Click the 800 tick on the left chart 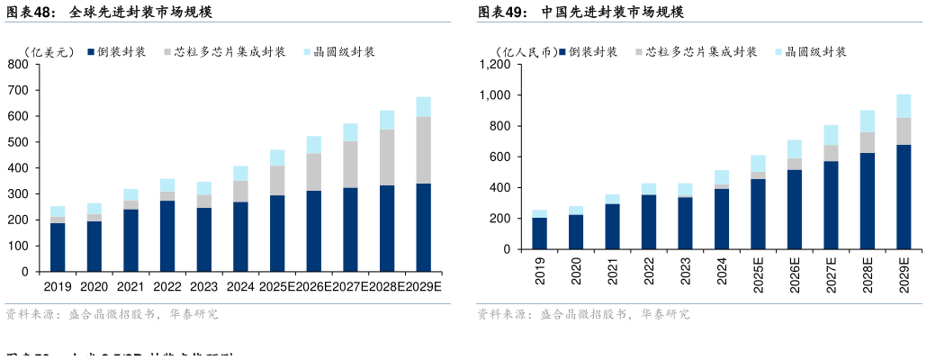coord(18,65)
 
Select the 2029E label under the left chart coord(425,287)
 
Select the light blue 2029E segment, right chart coord(904,106)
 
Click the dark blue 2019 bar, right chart coord(540,233)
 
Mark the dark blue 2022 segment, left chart coord(167,236)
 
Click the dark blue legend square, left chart coord(92,52)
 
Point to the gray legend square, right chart coord(639,52)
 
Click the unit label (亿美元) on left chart coord(49,52)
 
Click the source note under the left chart coord(112,315)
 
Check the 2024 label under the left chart coord(240,287)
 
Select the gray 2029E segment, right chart coord(904,131)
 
